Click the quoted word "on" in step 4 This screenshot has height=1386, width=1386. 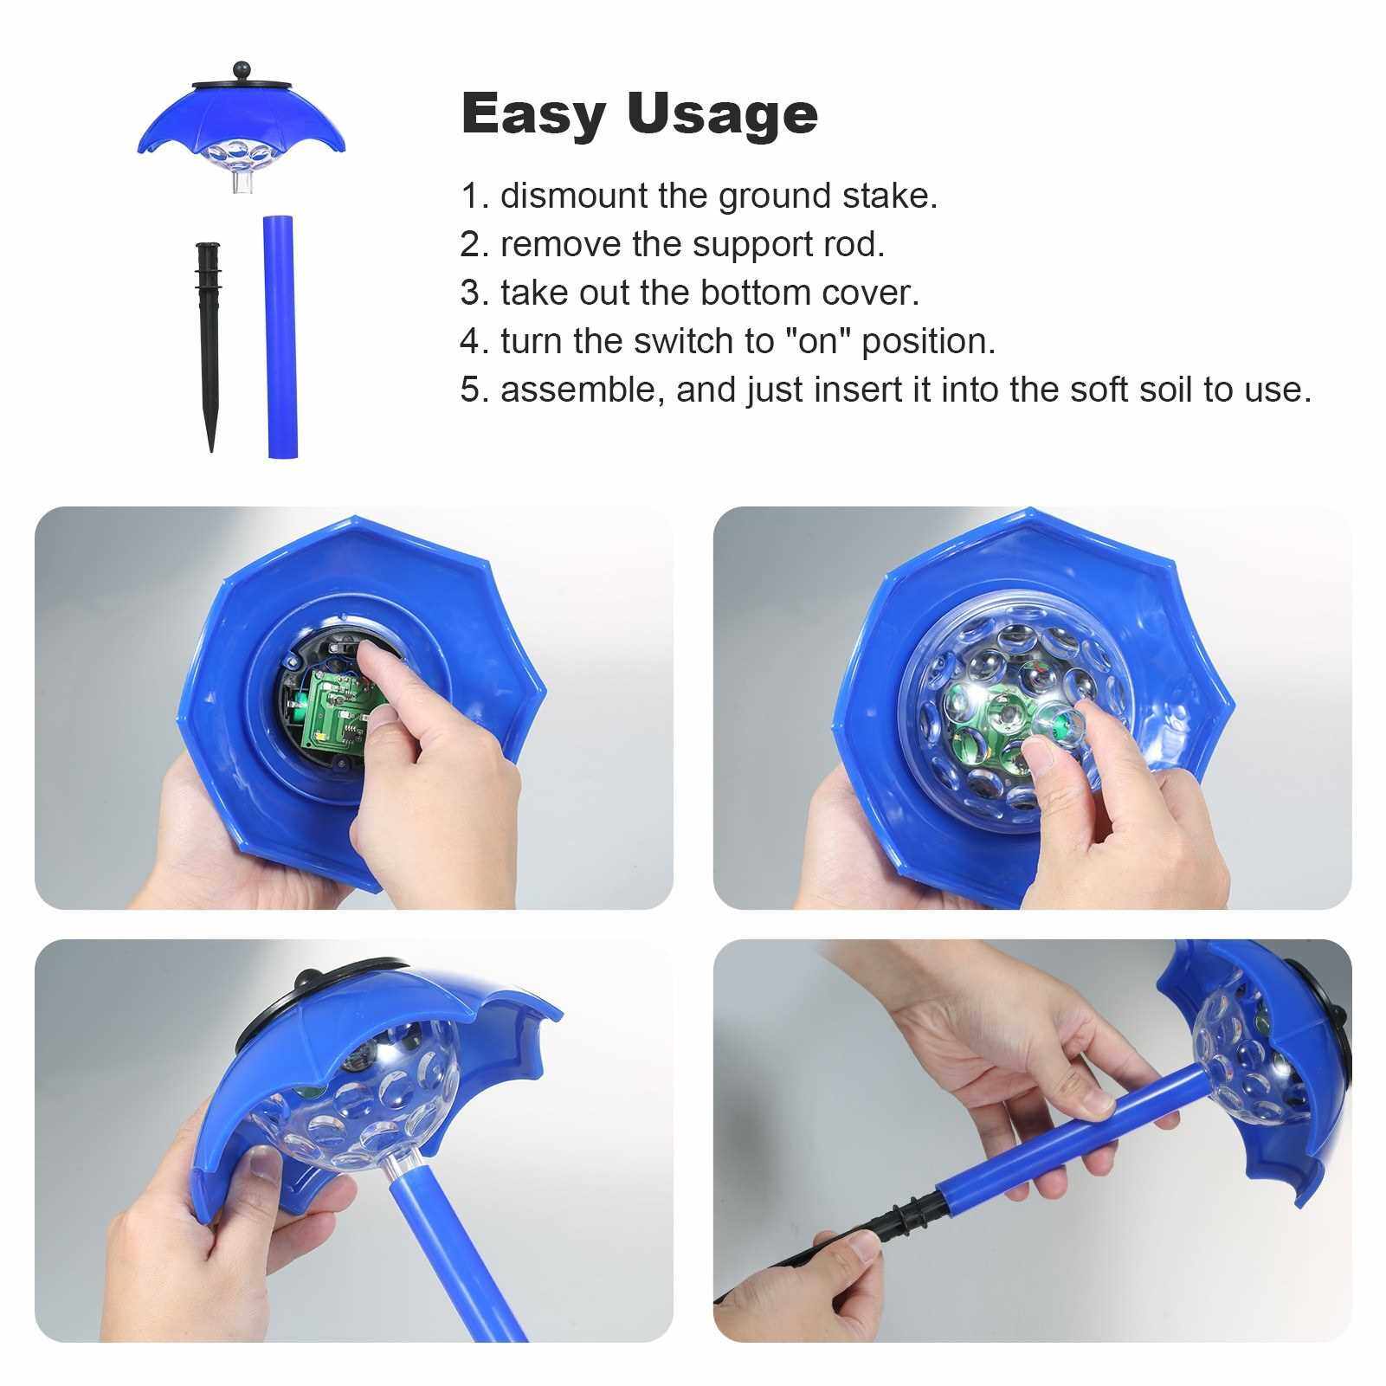click(x=818, y=341)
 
